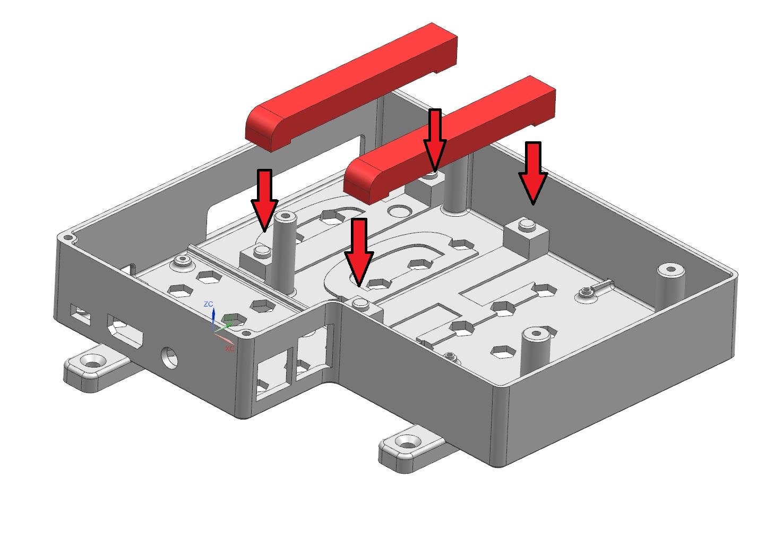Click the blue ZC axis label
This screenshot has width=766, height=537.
pos(209,304)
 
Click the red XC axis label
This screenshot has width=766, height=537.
pos(229,349)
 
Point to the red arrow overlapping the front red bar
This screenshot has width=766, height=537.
pos(435,138)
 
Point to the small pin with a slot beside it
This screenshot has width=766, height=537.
pos(586,292)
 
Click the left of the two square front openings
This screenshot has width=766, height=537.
pos(272,374)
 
